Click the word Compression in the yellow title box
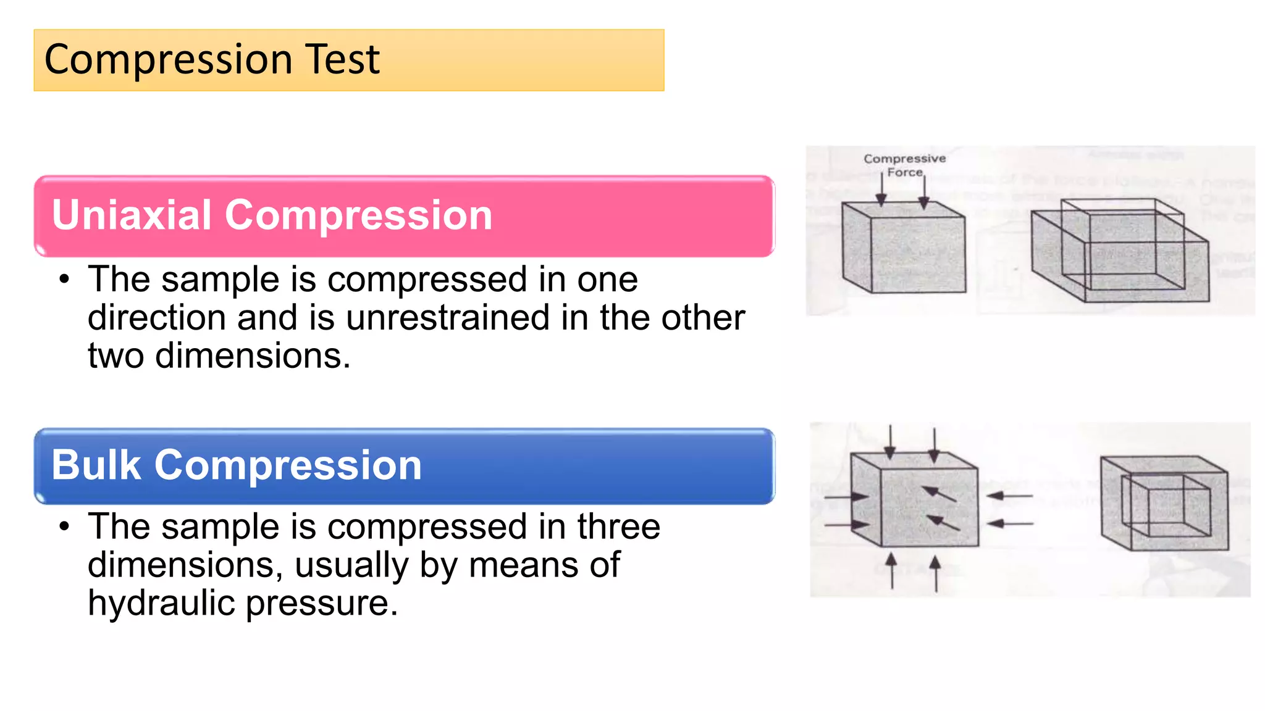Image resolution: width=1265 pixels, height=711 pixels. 169,61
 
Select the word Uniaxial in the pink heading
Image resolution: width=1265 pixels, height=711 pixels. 132,215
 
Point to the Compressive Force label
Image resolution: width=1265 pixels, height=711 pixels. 904,165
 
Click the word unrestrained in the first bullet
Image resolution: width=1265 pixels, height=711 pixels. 447,318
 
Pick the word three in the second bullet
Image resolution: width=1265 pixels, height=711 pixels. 618,527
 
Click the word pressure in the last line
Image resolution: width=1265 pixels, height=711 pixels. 321,604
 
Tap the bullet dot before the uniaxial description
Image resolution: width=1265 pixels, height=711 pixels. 64,280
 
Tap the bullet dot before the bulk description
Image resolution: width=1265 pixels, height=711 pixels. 64,527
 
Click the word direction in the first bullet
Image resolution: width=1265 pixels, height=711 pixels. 156,318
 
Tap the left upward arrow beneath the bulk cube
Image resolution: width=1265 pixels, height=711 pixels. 891,570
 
